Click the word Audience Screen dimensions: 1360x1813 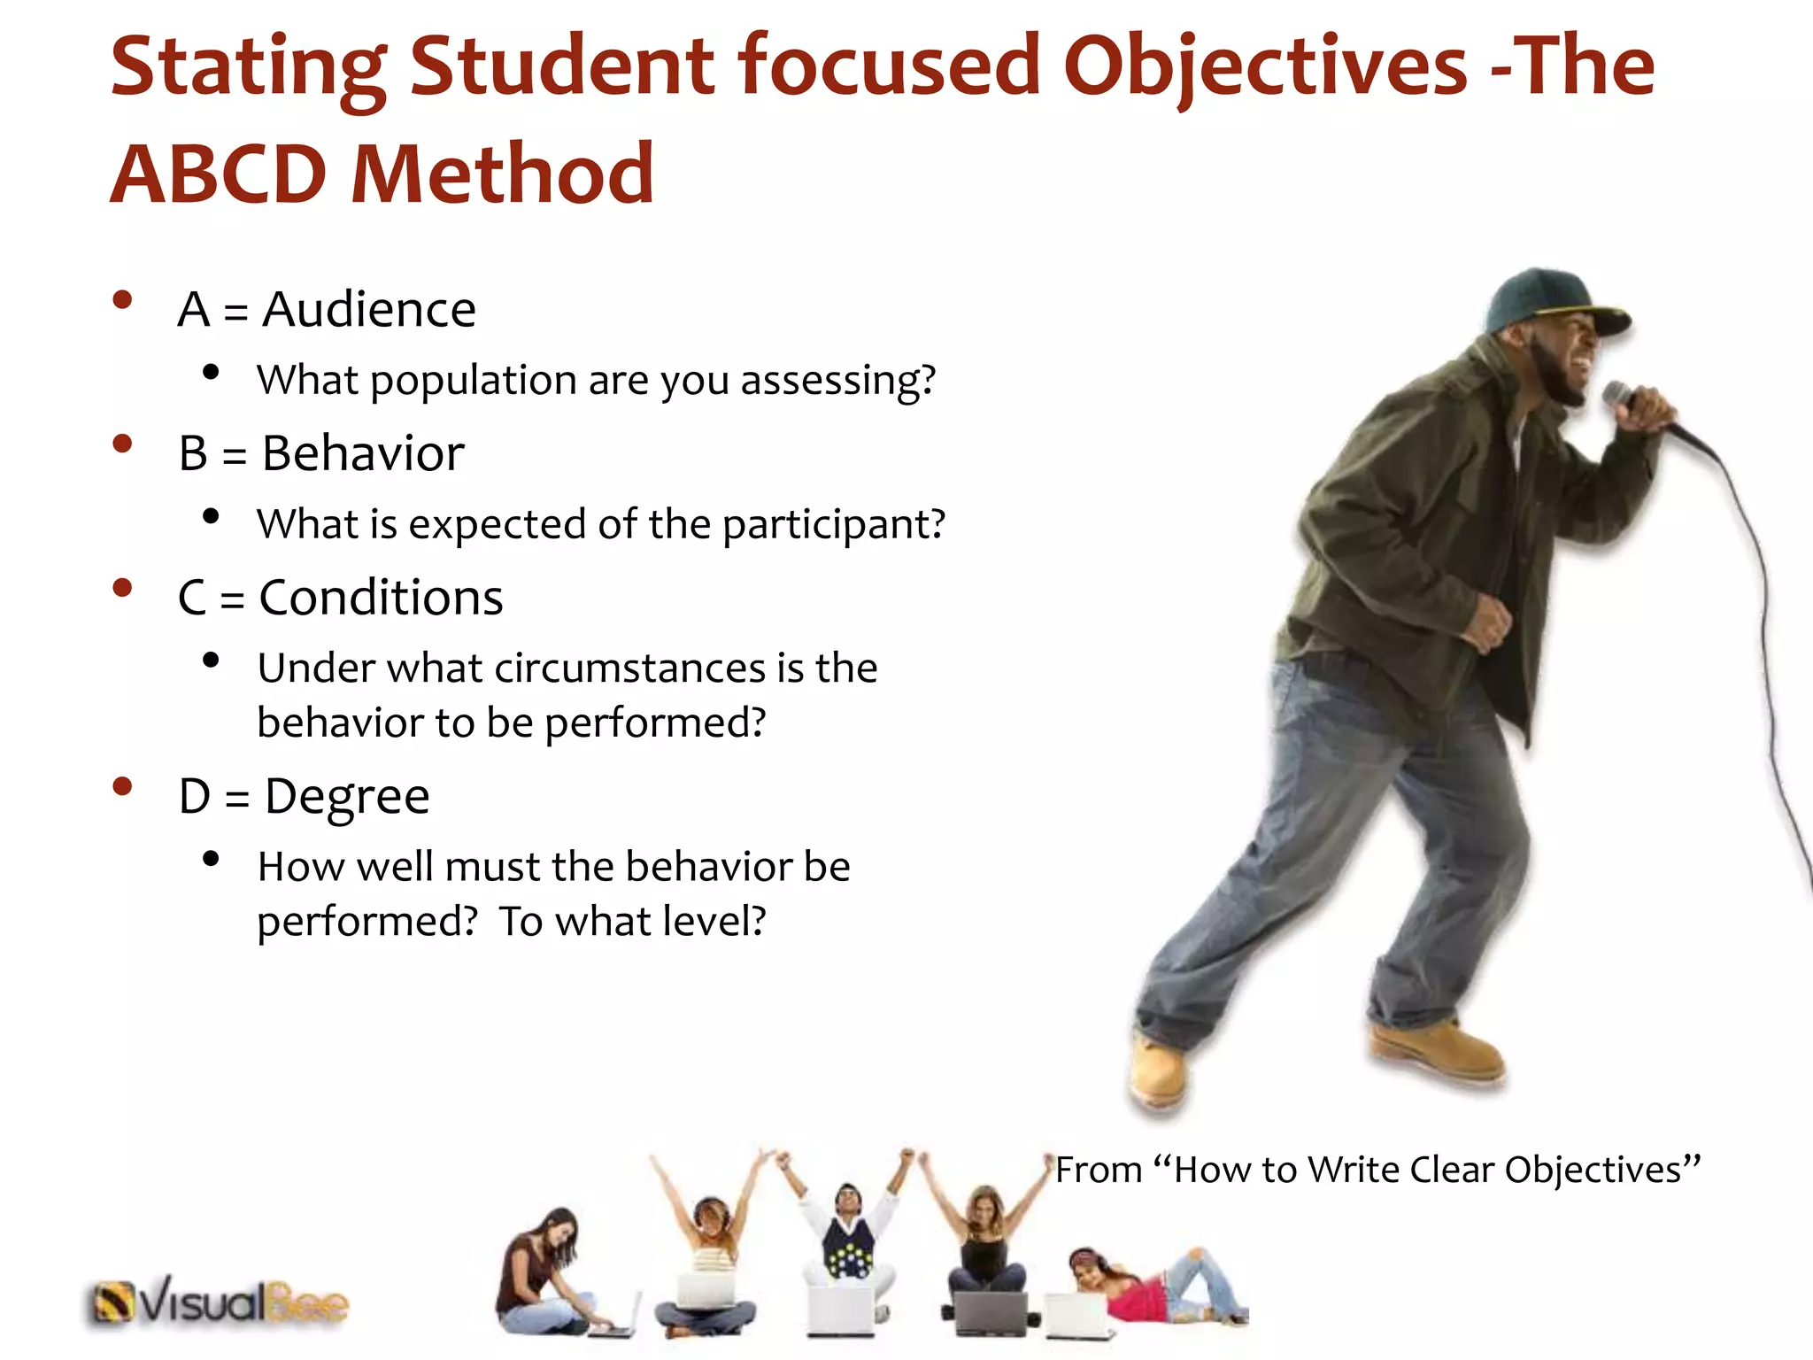point(369,310)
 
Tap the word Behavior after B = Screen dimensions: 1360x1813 point(363,454)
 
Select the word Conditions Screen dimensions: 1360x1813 point(381,598)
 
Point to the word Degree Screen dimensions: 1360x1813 point(347,797)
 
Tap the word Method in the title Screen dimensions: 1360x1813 point(502,174)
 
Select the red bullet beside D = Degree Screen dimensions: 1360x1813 point(122,786)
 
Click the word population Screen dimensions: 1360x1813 point(474,381)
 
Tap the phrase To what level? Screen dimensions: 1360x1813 point(632,922)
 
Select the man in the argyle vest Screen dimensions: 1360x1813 point(848,1240)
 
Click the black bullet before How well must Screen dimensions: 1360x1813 point(211,858)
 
